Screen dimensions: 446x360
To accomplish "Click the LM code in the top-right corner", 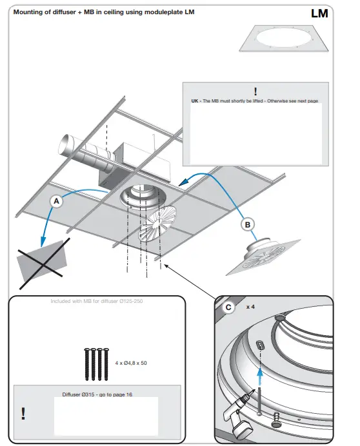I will point(319,13).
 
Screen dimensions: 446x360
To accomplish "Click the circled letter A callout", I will point(56,201).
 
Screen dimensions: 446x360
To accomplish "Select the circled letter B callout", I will point(248,224).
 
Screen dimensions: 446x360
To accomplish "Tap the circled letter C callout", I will point(228,307).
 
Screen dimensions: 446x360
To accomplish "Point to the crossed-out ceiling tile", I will point(43,258).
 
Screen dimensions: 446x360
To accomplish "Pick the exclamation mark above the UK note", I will point(255,92).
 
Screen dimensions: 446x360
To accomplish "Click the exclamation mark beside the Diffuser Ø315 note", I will point(24,412).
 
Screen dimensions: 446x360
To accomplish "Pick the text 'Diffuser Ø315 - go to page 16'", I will point(97,394).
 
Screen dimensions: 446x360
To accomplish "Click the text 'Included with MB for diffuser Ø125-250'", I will point(96,301).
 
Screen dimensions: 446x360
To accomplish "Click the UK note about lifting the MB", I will point(255,101).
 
